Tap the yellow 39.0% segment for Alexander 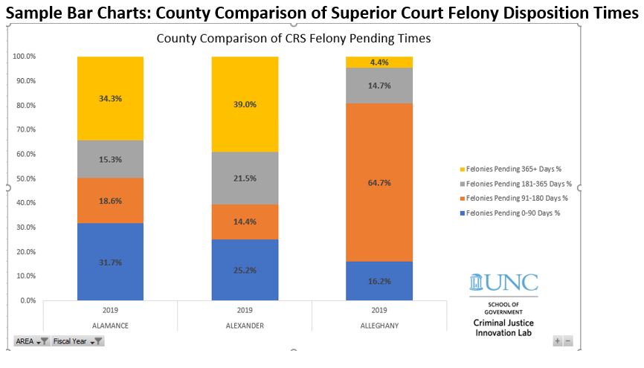pyautogui.click(x=245, y=104)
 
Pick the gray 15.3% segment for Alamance pyautogui.click(x=110, y=159)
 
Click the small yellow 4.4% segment pyautogui.click(x=379, y=62)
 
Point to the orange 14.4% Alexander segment pyautogui.click(x=245, y=222)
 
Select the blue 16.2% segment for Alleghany pyautogui.click(x=379, y=281)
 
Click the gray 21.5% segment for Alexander pyautogui.click(x=245, y=178)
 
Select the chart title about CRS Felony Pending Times pyautogui.click(x=293, y=39)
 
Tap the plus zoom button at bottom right pyautogui.click(x=557, y=340)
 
